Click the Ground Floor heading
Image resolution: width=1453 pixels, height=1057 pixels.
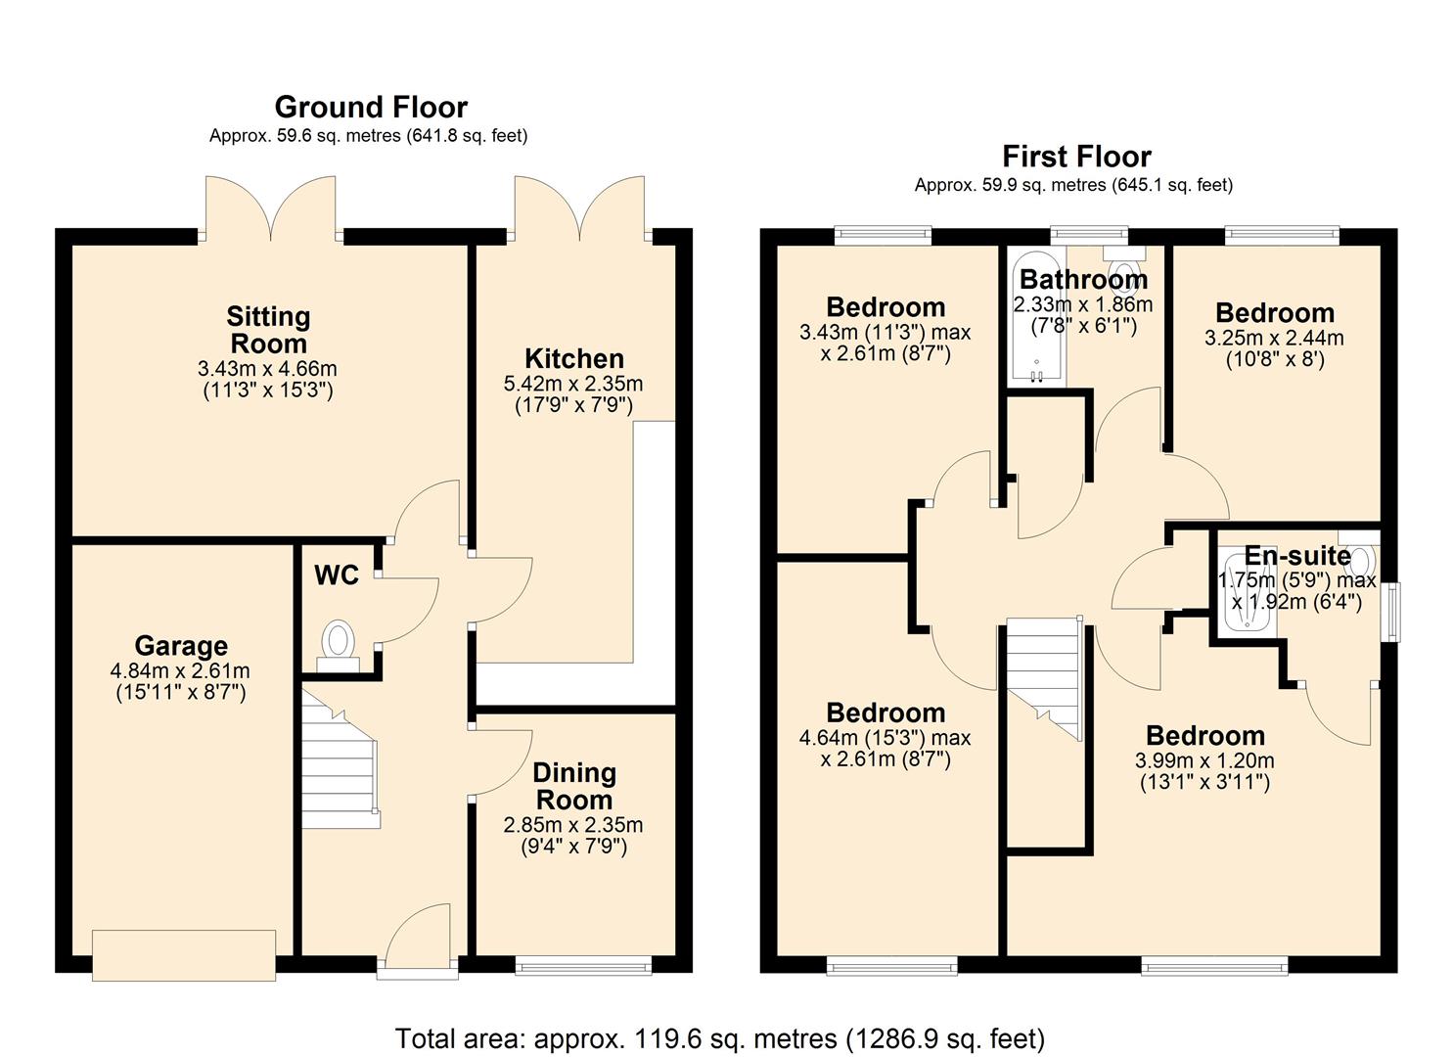click(371, 107)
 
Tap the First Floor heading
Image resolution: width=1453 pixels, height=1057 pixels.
click(1076, 157)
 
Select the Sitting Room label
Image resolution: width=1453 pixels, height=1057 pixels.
click(268, 330)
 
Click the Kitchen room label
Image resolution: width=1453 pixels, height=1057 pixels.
click(573, 358)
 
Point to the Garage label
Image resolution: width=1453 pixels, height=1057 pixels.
click(181, 646)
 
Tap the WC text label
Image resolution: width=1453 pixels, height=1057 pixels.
click(337, 575)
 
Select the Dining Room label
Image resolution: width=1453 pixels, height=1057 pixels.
click(573, 786)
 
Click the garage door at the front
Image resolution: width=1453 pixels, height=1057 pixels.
click(184, 954)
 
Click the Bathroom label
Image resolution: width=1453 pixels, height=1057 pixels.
click(1083, 280)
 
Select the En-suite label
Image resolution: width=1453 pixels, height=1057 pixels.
click(1297, 556)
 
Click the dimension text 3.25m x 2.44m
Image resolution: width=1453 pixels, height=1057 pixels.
click(1274, 339)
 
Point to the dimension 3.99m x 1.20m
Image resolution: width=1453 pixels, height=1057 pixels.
click(1204, 761)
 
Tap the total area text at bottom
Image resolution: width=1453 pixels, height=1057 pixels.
click(719, 1038)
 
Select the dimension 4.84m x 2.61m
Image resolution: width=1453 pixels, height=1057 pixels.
click(180, 671)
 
